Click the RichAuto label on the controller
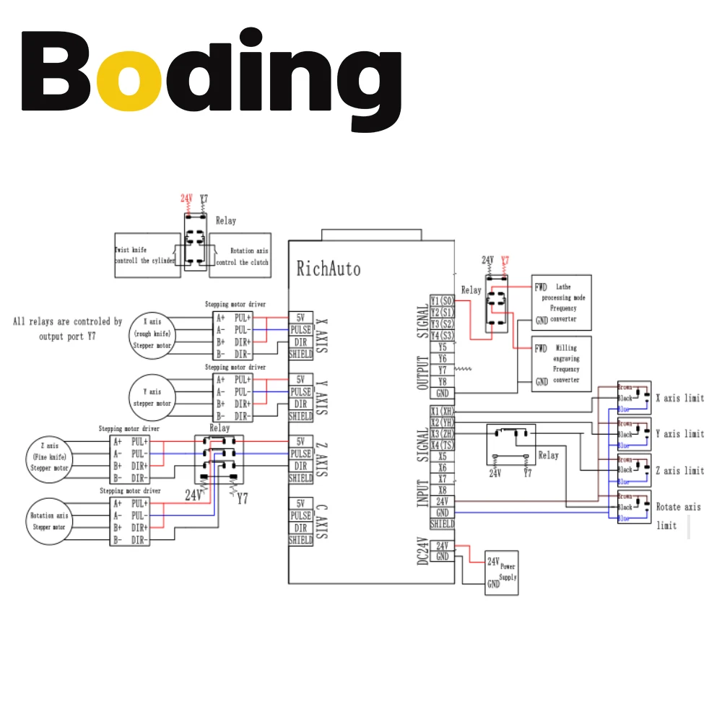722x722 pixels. pyautogui.click(x=329, y=269)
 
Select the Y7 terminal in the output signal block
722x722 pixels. pyautogui.click(x=443, y=370)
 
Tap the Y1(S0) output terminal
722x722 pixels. pyautogui.click(x=443, y=300)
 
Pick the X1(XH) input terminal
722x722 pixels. pyautogui.click(x=443, y=411)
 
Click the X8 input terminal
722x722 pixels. pyautogui.click(x=443, y=490)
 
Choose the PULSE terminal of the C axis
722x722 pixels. pyautogui.click(x=300, y=516)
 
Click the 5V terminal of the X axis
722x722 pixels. pyautogui.click(x=300, y=317)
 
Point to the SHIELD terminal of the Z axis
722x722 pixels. pyautogui.click(x=300, y=478)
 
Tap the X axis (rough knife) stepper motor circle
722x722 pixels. pyautogui.click(x=152, y=334)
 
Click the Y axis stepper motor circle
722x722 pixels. pyautogui.click(x=152, y=397)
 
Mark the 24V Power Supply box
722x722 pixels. pyautogui.click(x=502, y=572)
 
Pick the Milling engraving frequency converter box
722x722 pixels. pyautogui.click(x=561, y=363)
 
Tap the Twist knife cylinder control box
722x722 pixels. pyautogui.click(x=147, y=255)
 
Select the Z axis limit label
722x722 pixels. pyautogui.click(x=679, y=471)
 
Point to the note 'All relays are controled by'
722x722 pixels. pyautogui.click(x=67, y=321)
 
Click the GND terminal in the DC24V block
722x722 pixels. pyautogui.click(x=443, y=557)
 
